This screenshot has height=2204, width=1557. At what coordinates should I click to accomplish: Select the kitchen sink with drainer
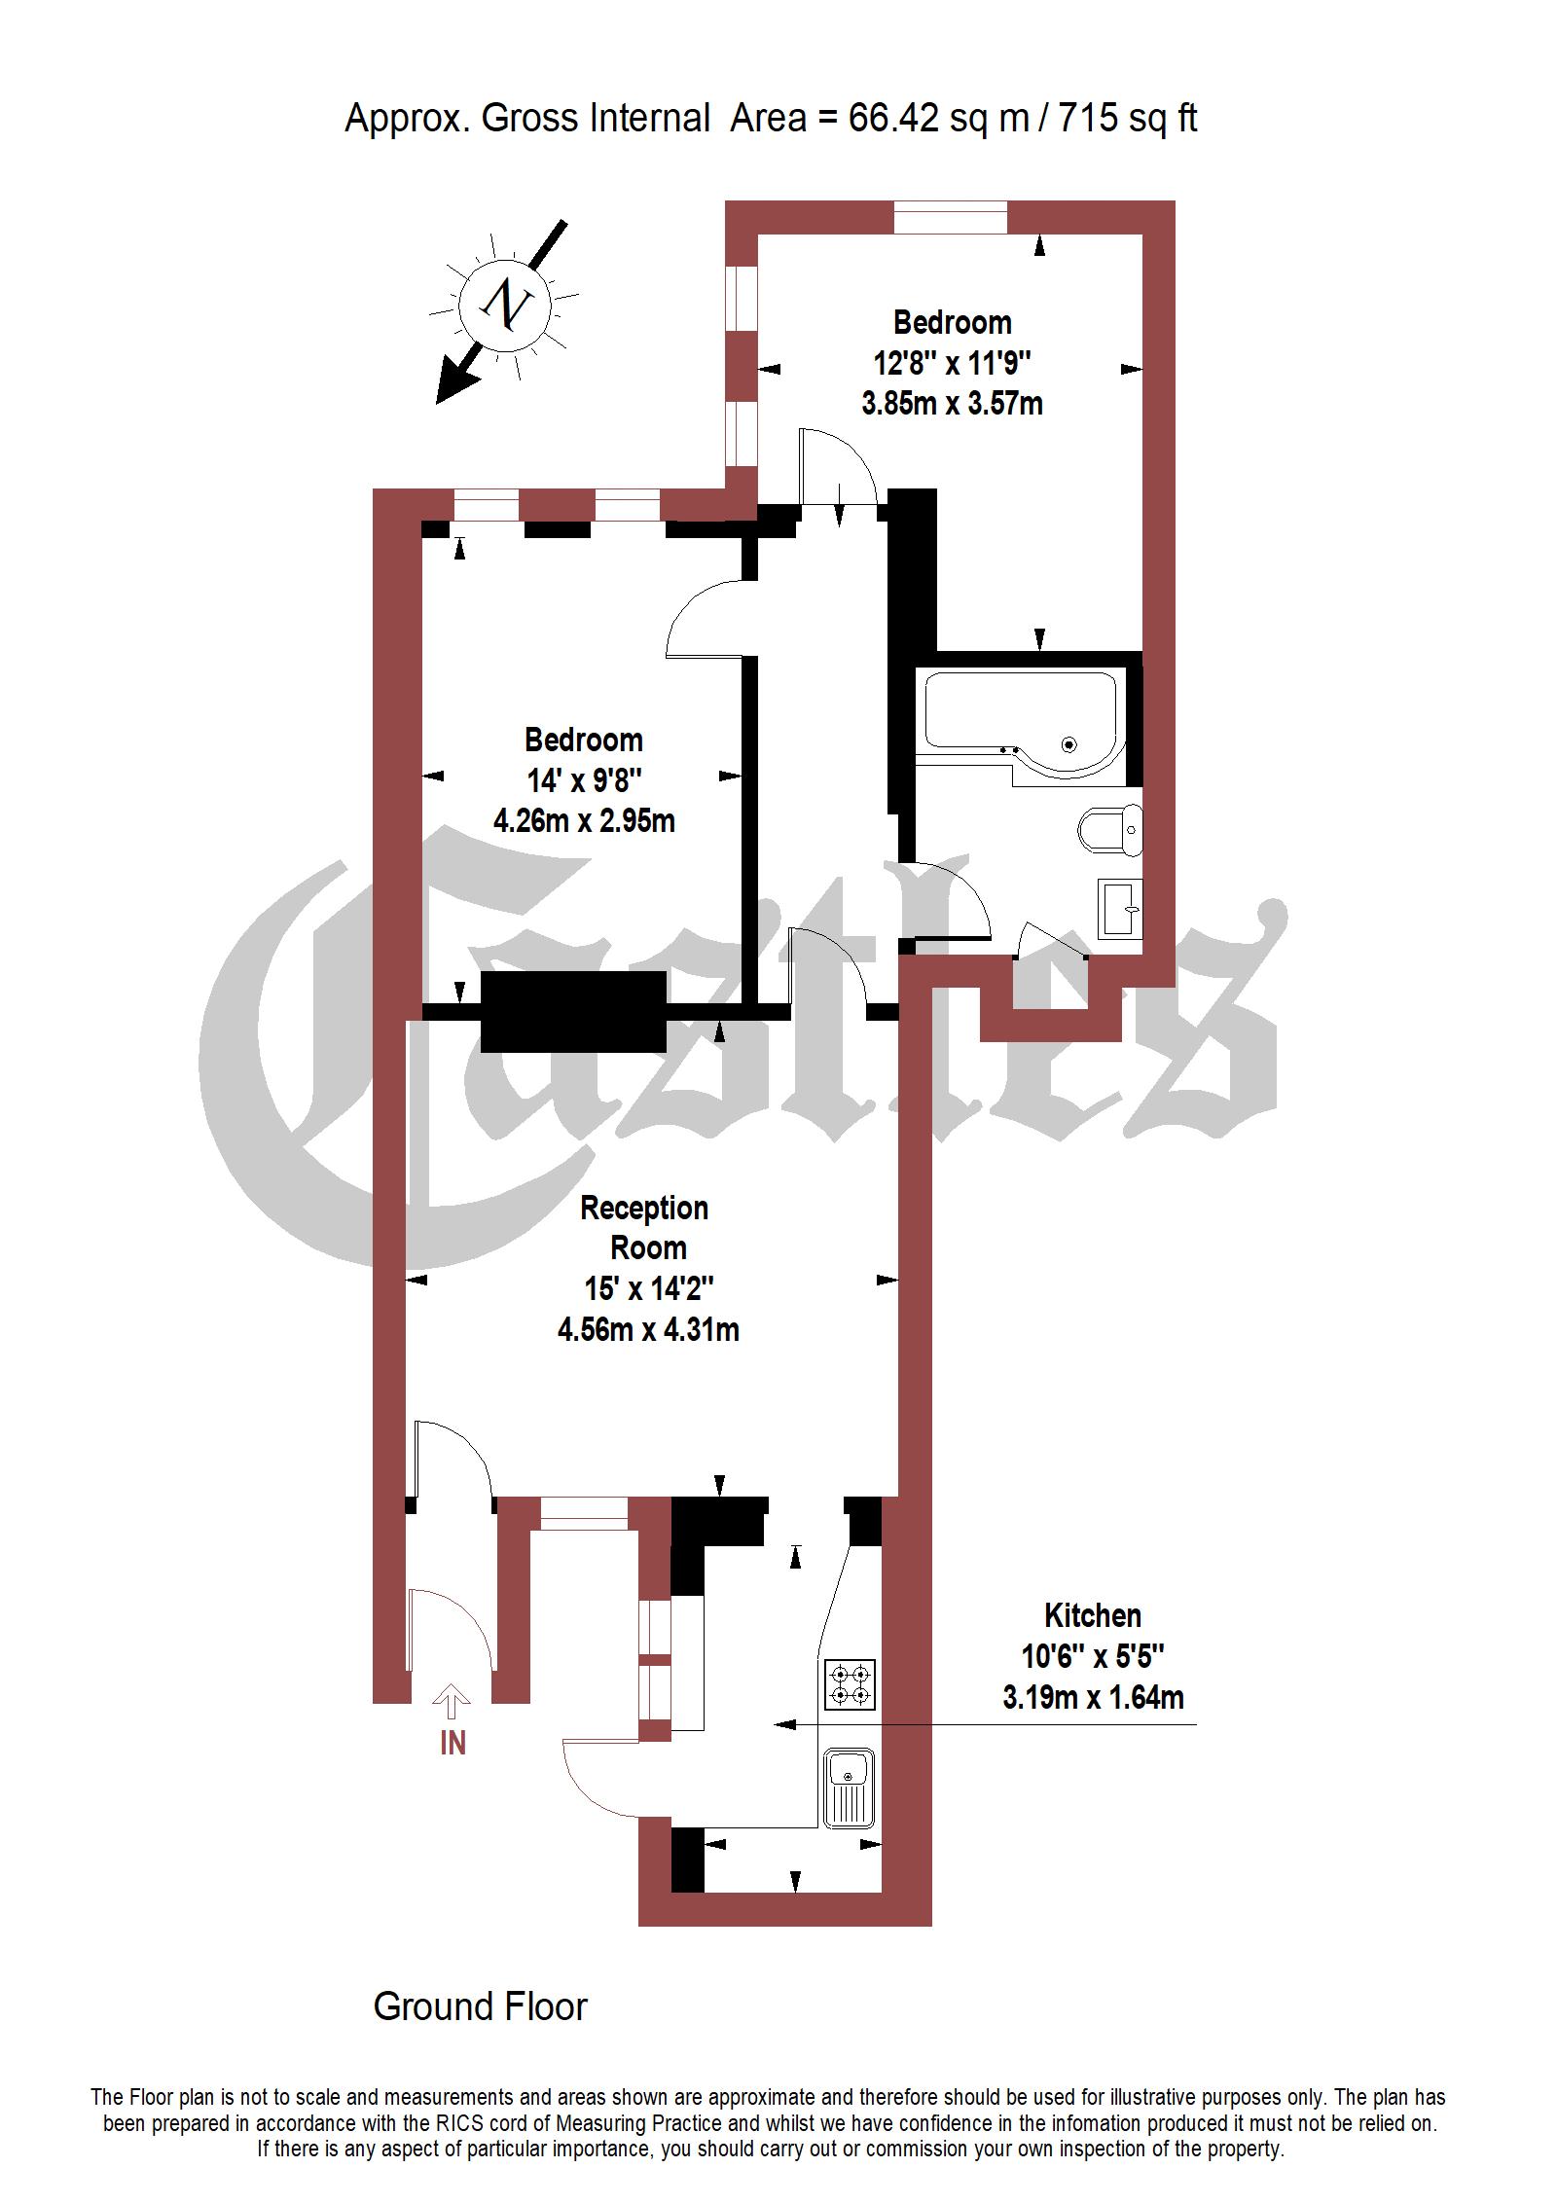coord(850,1788)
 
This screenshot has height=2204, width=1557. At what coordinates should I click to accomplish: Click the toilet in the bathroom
coord(1111,830)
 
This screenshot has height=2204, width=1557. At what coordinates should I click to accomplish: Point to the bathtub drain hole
coord(1069,745)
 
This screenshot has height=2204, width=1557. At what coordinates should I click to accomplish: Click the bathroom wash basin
coord(1120,909)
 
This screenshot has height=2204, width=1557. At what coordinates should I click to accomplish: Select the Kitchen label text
coord(1092,1615)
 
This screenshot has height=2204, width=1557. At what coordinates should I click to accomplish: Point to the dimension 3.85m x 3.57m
coord(952,403)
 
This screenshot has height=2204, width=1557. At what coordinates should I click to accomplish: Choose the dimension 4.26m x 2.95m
coord(584,820)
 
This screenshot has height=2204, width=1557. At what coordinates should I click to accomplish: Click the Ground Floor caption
coord(481,2006)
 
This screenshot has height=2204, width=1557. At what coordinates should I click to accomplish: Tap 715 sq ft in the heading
coord(1128,119)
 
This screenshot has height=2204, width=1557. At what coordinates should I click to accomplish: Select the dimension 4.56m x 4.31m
coord(648,1329)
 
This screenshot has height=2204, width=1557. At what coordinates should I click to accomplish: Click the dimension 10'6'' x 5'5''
coord(1092,1656)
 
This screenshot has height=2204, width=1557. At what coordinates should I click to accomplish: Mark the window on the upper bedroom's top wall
coord(951,217)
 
